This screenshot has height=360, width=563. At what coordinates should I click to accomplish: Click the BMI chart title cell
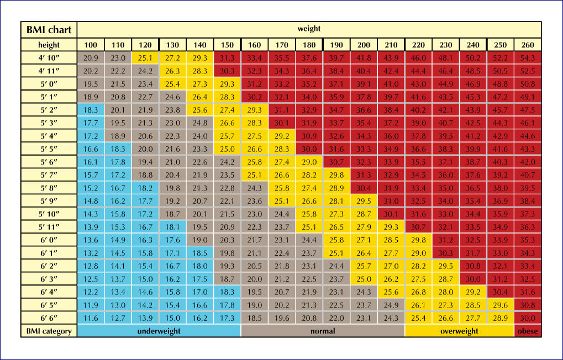49,30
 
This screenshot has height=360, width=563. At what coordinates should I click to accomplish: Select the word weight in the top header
309,29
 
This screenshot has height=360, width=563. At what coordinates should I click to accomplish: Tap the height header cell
49,45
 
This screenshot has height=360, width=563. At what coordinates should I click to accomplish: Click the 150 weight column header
227,45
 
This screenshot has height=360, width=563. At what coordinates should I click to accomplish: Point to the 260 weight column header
528,45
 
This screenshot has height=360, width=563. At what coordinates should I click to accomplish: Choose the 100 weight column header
91,45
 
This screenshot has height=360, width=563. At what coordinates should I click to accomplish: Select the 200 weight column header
364,45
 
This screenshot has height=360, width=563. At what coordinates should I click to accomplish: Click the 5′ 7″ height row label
49,175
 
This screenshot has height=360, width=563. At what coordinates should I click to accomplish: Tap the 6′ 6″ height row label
49,318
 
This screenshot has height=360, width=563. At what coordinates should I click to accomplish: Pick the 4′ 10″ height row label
49,58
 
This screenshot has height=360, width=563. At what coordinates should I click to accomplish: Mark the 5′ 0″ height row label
49,84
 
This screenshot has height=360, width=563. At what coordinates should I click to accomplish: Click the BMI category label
49,331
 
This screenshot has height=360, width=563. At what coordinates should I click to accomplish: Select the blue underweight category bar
159,331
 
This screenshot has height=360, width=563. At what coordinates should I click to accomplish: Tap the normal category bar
323,331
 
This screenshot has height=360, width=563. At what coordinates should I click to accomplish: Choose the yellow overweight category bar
459,331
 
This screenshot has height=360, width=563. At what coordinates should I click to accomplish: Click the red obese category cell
528,331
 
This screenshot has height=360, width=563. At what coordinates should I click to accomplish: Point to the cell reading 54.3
528,58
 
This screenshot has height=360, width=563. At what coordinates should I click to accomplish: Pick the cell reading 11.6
91,318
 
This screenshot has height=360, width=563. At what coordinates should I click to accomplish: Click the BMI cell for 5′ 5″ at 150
227,149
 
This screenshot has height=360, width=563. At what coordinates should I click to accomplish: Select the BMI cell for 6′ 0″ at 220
418,240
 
